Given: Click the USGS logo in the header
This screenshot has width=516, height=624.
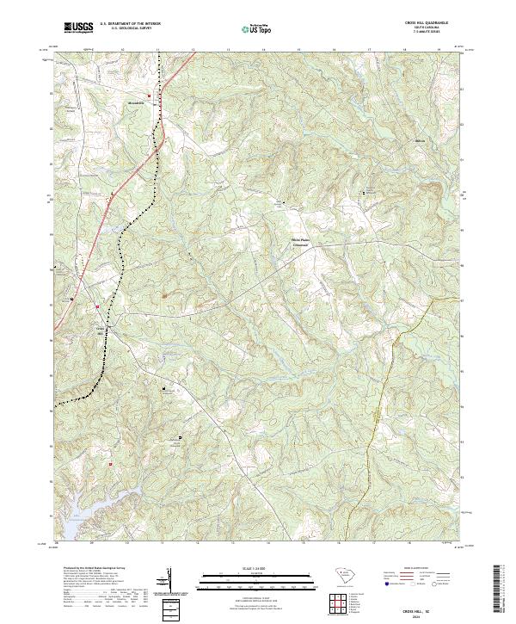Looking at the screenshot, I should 78,28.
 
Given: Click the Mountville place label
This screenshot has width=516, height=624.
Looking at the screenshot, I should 138,101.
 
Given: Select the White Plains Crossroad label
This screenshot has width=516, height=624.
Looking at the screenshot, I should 299,242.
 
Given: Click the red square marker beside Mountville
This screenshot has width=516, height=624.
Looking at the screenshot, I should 149,95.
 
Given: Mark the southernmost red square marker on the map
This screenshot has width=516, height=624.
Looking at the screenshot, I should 111,465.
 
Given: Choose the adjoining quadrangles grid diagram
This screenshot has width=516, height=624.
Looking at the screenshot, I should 341,604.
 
